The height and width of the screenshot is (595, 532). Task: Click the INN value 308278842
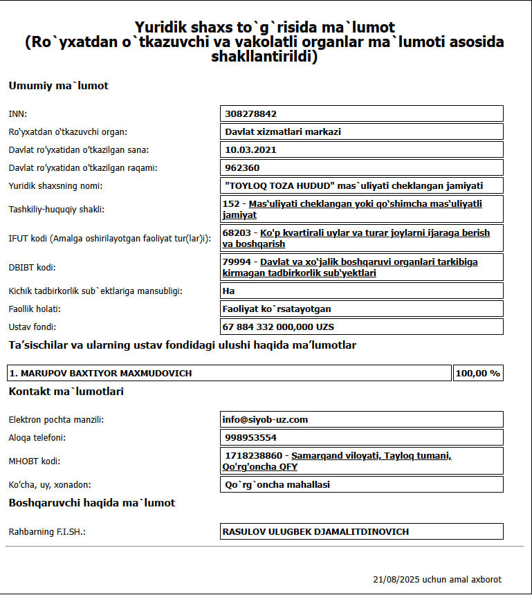[250, 113]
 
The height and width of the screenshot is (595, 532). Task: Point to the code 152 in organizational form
[232, 204]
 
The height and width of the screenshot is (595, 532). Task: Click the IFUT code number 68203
[237, 233]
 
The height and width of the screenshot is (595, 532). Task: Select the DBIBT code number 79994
[237, 262]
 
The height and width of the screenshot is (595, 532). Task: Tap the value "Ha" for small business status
[229, 291]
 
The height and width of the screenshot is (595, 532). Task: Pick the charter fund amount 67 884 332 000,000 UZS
[279, 327]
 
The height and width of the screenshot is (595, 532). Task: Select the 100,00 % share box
[477, 373]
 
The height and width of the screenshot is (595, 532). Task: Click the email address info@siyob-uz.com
[265, 419]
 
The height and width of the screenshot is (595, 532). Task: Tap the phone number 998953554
[250, 437]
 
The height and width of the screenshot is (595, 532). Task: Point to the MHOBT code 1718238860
[254, 456]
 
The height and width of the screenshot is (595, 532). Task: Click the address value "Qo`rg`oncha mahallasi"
[277, 484]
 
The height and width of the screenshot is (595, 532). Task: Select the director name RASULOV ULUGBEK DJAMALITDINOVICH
[315, 531]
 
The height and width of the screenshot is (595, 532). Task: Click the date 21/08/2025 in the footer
[396, 579]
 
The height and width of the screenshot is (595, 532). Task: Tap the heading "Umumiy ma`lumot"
[58, 86]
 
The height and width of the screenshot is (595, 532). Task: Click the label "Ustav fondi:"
[32, 327]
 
